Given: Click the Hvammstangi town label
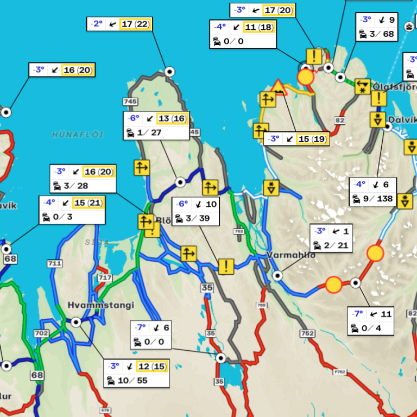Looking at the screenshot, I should (x=100, y=305).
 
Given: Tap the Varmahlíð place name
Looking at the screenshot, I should (x=291, y=255).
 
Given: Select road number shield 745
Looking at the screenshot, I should (x=130, y=102).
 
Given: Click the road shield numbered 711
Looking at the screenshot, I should (x=54, y=263).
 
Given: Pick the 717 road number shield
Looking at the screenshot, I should (x=104, y=278).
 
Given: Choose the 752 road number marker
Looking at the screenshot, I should (x=307, y=333).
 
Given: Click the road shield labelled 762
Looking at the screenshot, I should (x=239, y=231).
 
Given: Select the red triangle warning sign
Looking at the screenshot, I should (x=278, y=87).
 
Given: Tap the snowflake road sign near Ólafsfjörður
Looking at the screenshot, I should (x=362, y=86).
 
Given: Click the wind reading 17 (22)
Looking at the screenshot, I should (x=135, y=24).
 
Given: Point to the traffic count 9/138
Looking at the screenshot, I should (x=378, y=199).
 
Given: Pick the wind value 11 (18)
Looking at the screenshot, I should (x=259, y=27).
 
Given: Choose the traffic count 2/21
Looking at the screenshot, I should (x=336, y=245).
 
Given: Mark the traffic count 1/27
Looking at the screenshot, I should (x=150, y=132).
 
